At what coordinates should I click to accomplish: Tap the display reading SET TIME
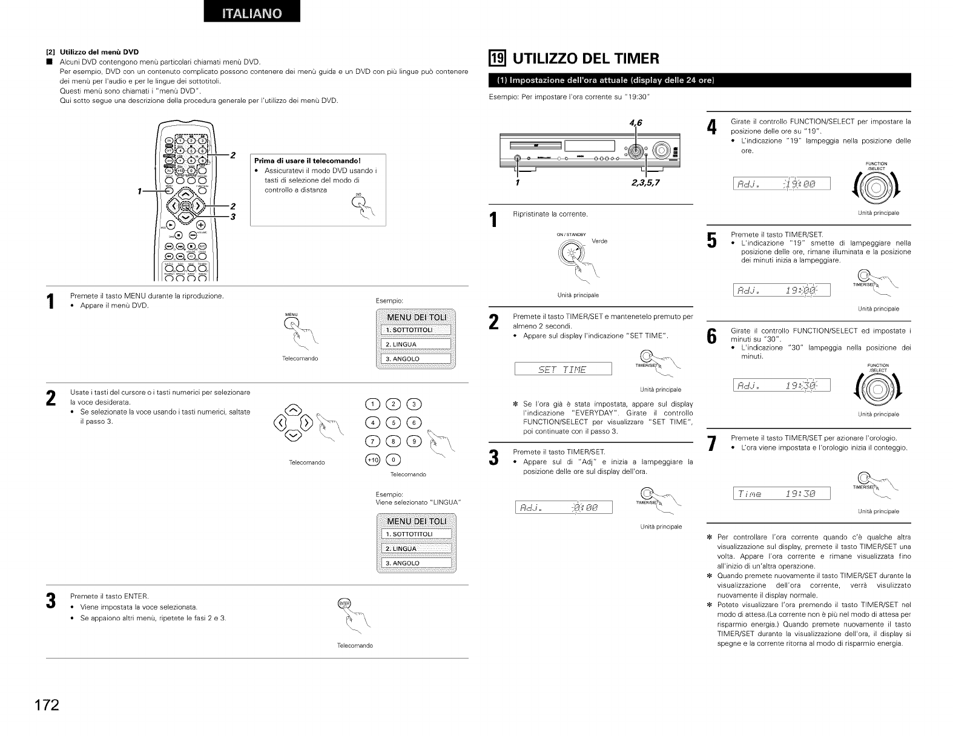click(563, 369)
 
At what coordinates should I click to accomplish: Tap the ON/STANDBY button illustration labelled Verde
click(571, 254)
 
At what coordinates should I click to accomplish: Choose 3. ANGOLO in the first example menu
click(415, 360)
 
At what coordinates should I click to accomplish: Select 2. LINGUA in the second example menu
click(415, 549)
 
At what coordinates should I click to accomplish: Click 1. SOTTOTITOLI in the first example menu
click(415, 330)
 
